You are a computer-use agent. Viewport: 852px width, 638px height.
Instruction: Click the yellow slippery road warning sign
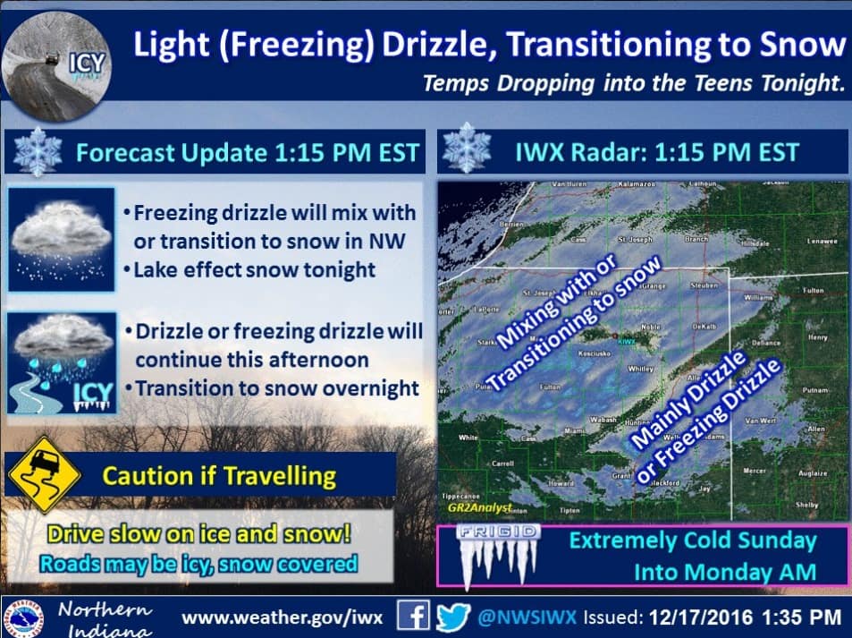[x=44, y=473]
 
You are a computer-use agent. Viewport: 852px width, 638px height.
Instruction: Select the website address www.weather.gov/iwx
[x=284, y=617]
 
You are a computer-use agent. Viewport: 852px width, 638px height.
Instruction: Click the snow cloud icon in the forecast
[x=62, y=239]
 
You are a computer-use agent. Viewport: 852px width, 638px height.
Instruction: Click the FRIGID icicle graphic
[x=498, y=554]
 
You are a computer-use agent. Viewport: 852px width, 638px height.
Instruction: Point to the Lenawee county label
[x=821, y=242]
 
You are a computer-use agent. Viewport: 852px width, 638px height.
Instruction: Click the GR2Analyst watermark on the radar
[x=478, y=507]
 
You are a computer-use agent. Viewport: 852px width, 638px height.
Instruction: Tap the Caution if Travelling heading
[x=219, y=474]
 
